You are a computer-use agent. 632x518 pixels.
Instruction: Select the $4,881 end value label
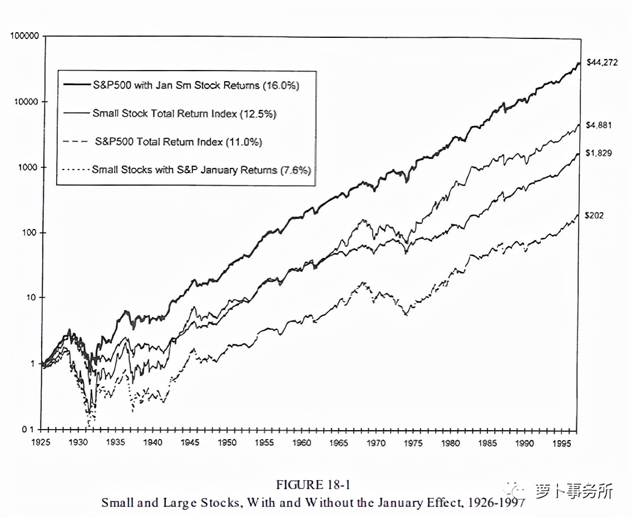click(x=599, y=125)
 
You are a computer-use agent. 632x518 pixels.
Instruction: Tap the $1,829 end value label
click(x=599, y=153)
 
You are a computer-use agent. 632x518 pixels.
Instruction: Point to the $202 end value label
click(x=595, y=216)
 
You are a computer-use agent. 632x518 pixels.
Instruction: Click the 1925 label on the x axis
click(x=42, y=443)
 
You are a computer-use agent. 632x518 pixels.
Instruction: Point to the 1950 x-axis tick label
click(x=227, y=443)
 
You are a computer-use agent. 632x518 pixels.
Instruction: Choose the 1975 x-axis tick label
click(x=413, y=443)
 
